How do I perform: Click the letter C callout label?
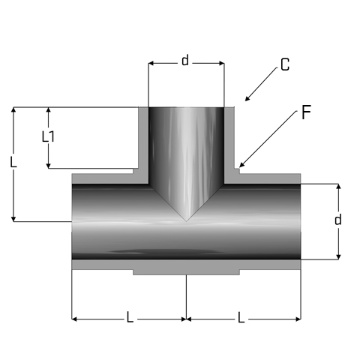click(285, 64)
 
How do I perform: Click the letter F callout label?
click(306, 112)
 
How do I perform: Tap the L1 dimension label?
click(48, 136)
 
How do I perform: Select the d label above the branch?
click(185, 61)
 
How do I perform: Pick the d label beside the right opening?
click(338, 220)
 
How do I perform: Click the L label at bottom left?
click(130, 317)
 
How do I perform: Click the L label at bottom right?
click(241, 317)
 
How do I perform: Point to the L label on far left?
click(13, 162)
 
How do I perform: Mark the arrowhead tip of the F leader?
click(239, 167)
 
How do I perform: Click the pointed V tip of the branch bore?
click(186, 221)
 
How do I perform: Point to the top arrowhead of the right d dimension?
click(338, 184)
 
